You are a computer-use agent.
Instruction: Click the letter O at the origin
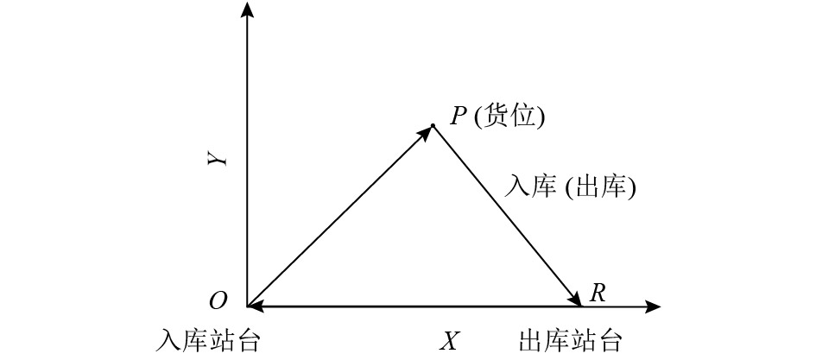(x=218, y=300)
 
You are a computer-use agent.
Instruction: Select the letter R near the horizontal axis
(x=596, y=293)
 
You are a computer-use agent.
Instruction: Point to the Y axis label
(x=220, y=158)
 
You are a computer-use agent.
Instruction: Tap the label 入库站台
(x=210, y=339)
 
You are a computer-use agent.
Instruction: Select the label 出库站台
(x=570, y=339)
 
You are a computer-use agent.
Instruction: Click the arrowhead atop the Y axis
(x=249, y=9)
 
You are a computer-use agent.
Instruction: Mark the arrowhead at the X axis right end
(x=654, y=306)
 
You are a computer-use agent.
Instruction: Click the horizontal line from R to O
(x=414, y=306)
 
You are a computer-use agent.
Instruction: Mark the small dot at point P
(x=433, y=126)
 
